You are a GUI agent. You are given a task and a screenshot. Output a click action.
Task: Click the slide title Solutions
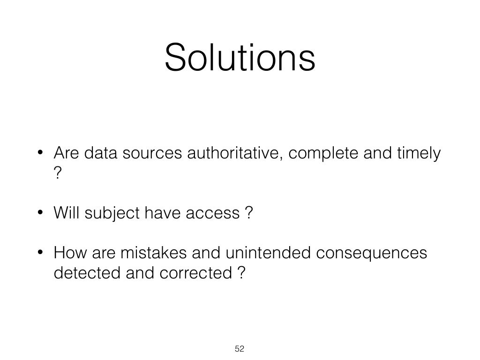240,58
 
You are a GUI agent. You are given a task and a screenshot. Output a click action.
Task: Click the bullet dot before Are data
41,154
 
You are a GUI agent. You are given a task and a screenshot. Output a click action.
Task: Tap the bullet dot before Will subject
41,214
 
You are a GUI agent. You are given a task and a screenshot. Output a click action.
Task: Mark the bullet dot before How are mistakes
41,254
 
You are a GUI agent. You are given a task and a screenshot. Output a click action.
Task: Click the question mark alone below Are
58,173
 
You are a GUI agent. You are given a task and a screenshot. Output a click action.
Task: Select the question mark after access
248,213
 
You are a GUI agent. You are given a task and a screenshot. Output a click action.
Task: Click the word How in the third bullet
68,253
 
